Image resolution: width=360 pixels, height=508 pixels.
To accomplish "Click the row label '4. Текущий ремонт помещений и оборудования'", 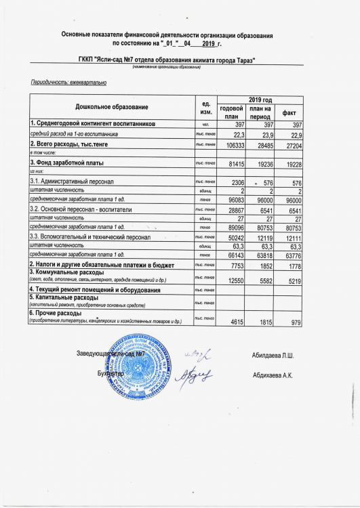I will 95,290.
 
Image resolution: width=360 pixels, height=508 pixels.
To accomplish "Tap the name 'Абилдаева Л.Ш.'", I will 273,356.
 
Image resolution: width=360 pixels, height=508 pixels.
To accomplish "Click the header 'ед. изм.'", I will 204,108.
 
